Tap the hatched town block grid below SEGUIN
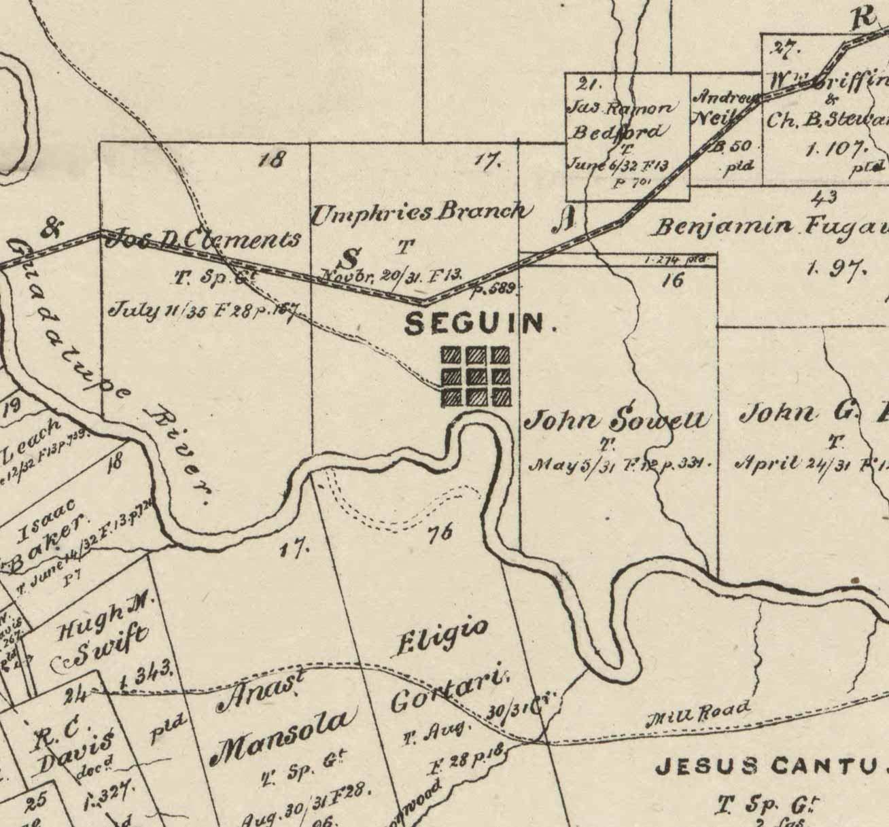click(x=476, y=376)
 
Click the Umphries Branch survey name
click(x=419, y=213)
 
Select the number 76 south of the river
click(x=440, y=533)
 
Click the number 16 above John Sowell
click(x=673, y=279)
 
